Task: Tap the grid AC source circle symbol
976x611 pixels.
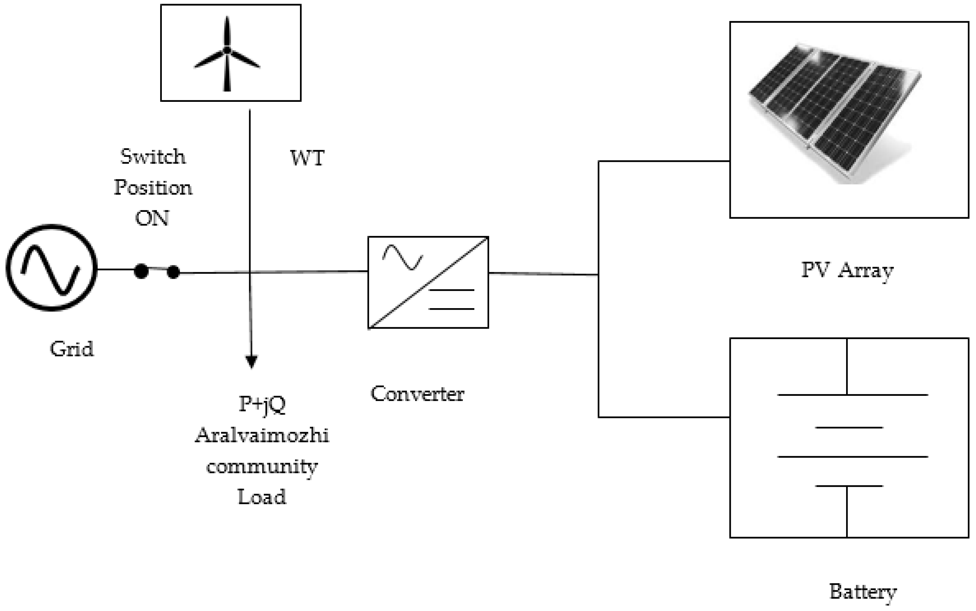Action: tap(51, 268)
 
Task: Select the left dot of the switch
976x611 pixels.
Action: tap(141, 271)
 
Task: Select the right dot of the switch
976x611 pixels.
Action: tap(173, 272)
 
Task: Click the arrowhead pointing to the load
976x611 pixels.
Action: tap(251, 361)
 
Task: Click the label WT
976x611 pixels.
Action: tap(307, 158)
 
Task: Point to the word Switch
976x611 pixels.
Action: tap(153, 157)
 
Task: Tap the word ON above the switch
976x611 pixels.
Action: tap(152, 218)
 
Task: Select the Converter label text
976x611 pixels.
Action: tap(417, 394)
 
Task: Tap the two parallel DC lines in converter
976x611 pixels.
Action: tap(451, 300)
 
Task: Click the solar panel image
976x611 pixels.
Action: tap(835, 113)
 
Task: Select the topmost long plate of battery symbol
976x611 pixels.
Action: tap(853, 394)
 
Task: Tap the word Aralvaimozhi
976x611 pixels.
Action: tap(262, 436)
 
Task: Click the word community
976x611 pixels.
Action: tap(262, 467)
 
